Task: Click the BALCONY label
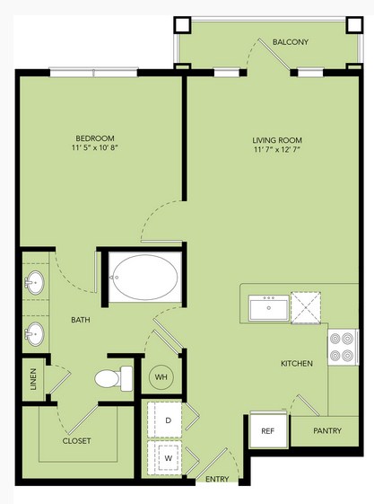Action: (x=291, y=42)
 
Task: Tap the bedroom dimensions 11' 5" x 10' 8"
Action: (x=95, y=147)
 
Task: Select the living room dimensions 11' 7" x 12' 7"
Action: (x=277, y=149)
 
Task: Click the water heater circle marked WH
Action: (x=161, y=376)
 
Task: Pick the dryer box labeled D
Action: (x=164, y=420)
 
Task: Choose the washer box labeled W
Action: (x=164, y=457)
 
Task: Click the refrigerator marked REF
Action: (x=268, y=430)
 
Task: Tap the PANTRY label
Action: (x=327, y=430)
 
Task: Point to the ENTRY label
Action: (x=217, y=479)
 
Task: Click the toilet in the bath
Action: (x=114, y=378)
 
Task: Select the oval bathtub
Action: (x=145, y=277)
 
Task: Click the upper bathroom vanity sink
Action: (x=35, y=282)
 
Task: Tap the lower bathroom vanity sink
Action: (x=35, y=333)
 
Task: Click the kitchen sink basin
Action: (x=269, y=307)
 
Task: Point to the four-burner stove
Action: (x=343, y=347)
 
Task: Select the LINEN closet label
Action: (x=33, y=379)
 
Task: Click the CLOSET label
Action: (x=76, y=441)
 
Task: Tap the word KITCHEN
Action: (x=297, y=364)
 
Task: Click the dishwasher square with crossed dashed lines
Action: (x=306, y=307)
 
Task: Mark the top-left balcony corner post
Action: (x=182, y=25)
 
